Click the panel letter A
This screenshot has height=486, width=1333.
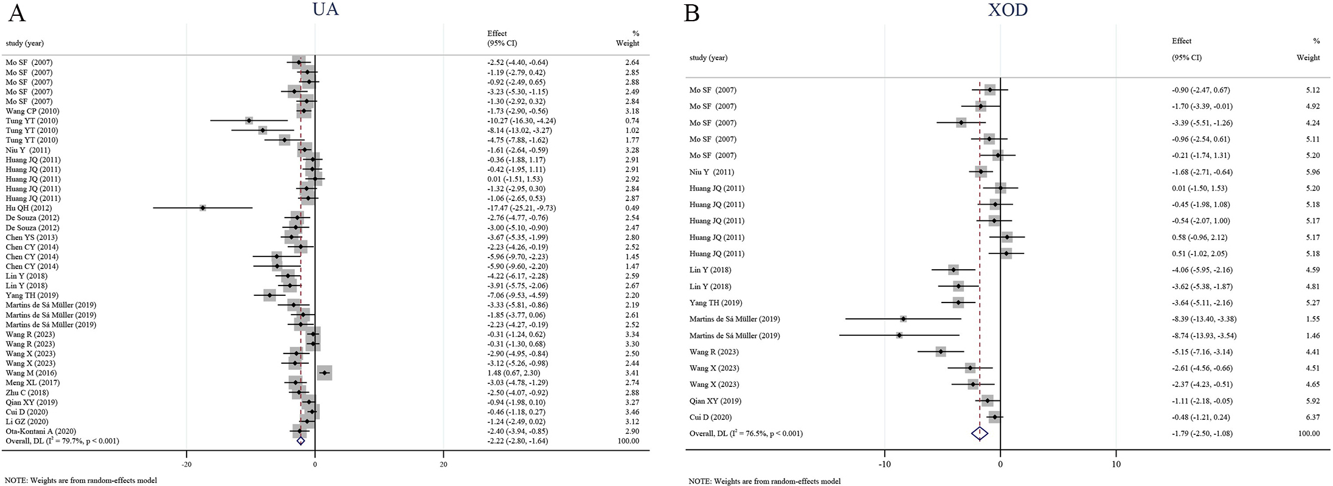[16, 13]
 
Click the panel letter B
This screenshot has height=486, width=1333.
[693, 13]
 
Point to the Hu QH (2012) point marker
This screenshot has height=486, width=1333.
[203, 208]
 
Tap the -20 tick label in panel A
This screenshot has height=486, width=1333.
[186, 464]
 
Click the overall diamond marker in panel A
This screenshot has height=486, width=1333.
[300, 441]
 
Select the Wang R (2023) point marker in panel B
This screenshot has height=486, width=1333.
[941, 352]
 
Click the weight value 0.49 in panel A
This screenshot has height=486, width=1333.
[632, 208]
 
